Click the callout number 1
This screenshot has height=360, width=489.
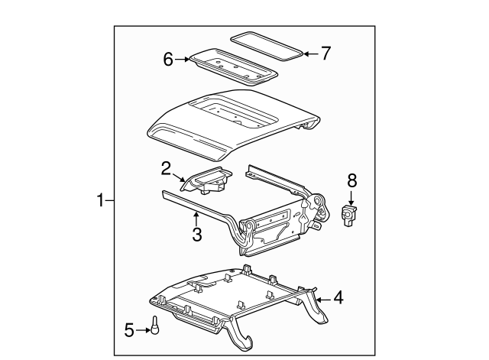100,201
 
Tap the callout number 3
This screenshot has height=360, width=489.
196,235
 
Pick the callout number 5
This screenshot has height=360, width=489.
129,329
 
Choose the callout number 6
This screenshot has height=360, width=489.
169,58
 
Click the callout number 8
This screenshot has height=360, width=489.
351,181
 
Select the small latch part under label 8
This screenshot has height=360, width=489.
350,216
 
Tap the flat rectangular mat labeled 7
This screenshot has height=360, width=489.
267,46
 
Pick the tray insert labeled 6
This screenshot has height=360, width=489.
232,64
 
